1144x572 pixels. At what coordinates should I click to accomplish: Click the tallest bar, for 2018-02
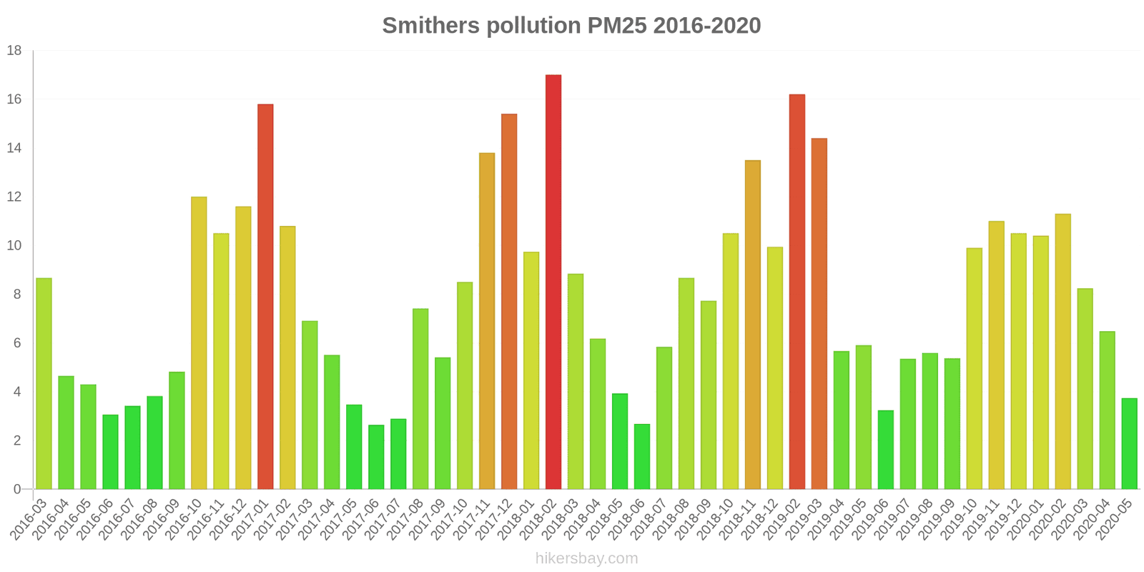[x=553, y=282]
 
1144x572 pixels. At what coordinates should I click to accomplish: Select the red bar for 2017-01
[x=265, y=297]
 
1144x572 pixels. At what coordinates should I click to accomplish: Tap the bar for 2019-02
[x=797, y=292]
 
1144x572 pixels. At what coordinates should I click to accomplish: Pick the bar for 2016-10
[x=199, y=343]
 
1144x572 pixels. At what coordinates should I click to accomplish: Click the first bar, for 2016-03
[x=44, y=383]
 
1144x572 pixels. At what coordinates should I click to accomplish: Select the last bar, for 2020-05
[x=1129, y=443]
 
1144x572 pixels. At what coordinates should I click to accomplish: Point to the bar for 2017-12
[x=509, y=301]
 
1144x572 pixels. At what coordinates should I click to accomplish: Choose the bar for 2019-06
[x=886, y=450]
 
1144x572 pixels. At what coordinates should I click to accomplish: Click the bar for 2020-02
[x=1062, y=351]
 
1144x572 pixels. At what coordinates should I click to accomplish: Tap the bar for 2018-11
[x=753, y=325]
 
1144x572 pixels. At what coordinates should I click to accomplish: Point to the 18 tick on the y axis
[x=14, y=51]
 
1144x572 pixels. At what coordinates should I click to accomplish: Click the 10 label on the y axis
[x=14, y=246]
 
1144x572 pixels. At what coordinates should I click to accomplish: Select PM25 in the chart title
[x=616, y=26]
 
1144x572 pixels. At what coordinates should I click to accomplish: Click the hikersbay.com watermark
[x=586, y=558]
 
